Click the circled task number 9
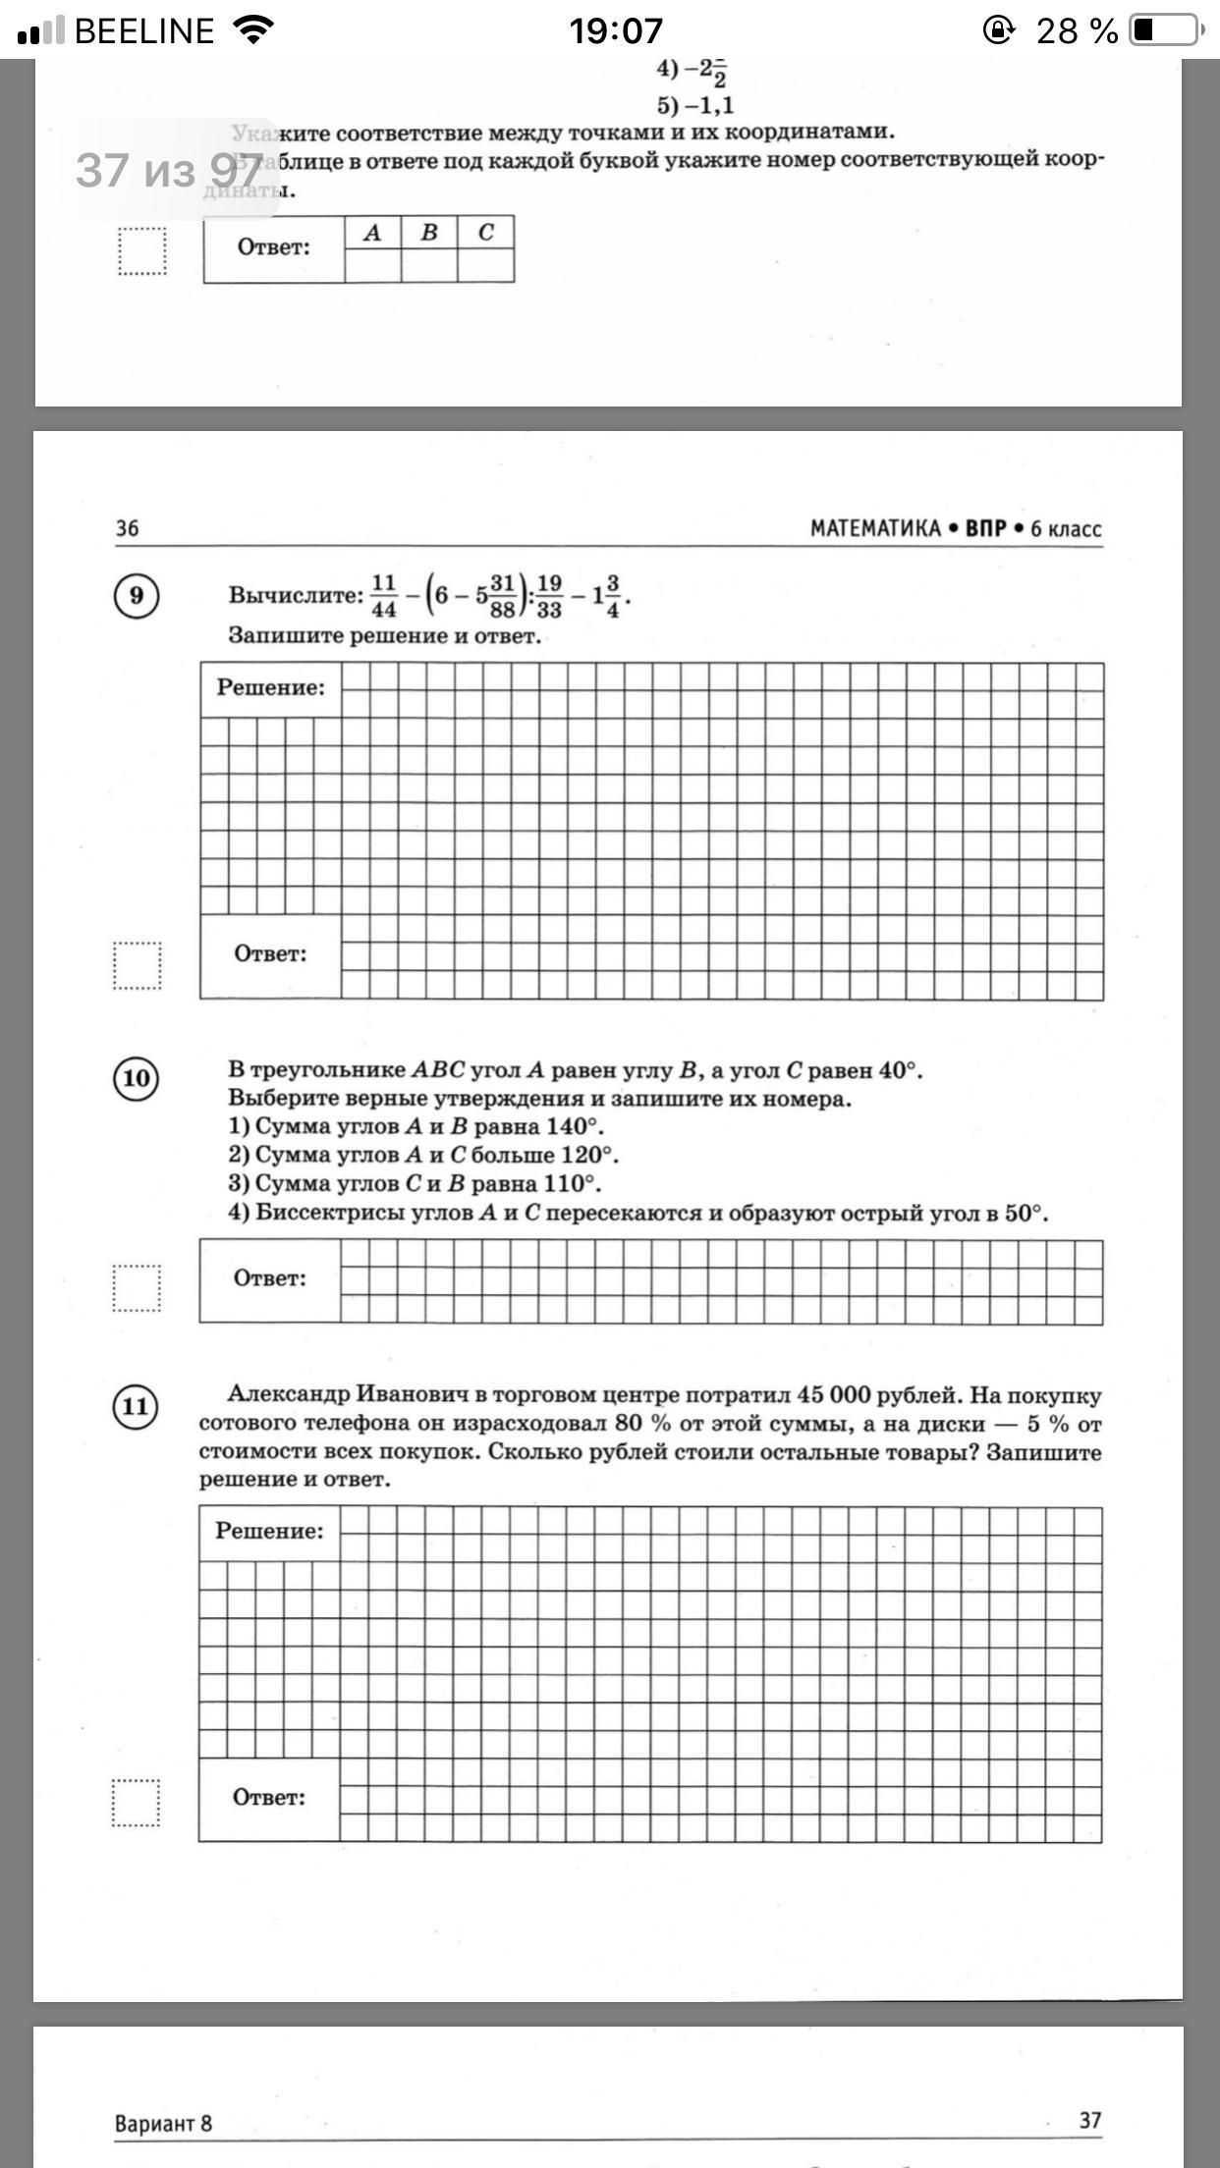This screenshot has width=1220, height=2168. click(137, 596)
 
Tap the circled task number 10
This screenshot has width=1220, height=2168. click(137, 1078)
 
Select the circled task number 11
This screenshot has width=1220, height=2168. click(136, 1406)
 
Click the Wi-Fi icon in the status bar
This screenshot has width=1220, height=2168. click(253, 30)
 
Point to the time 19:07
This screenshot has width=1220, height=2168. click(616, 31)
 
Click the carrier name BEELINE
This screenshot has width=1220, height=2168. click(143, 31)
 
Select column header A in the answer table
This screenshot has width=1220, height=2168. click(372, 233)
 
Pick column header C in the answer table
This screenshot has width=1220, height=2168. click(485, 233)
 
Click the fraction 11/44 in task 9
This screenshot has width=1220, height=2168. click(384, 596)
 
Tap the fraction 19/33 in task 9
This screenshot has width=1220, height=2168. click(549, 596)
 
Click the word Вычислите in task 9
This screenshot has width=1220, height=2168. click(296, 595)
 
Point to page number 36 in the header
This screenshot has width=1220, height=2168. click(128, 528)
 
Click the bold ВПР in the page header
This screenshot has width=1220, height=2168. click(985, 528)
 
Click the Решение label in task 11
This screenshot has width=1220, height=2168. click(269, 1531)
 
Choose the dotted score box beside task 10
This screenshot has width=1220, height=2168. click(137, 1287)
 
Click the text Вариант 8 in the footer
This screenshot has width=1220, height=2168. click(163, 2123)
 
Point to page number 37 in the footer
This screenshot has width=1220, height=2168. click(1090, 2121)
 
